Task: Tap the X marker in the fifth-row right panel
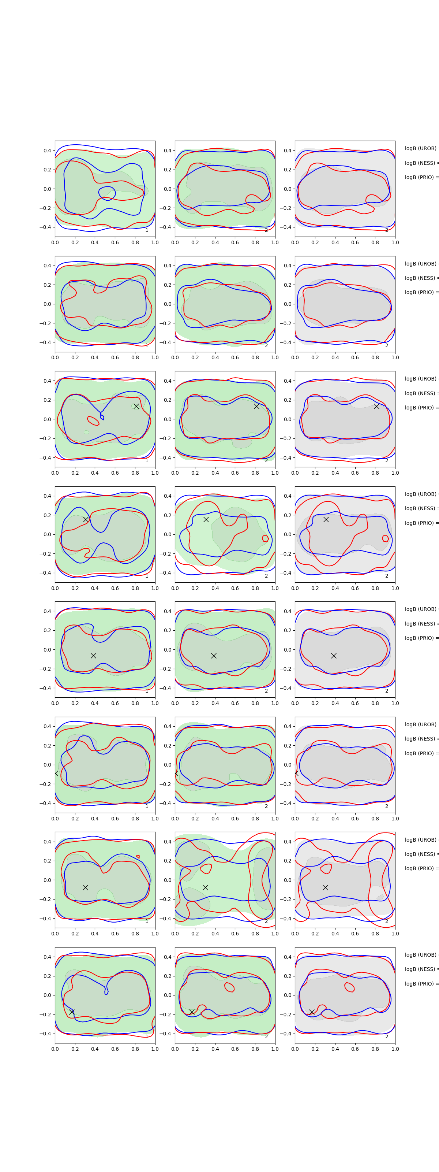[x=334, y=656]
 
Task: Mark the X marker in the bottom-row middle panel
[x=192, y=1012]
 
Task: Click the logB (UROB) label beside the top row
[x=421, y=149]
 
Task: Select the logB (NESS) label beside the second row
[x=421, y=278]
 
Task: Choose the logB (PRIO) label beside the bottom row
[x=421, y=984]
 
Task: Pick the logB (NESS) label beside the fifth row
[x=421, y=624]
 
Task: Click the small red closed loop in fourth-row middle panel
[x=265, y=539]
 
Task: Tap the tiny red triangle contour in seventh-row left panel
[x=138, y=857]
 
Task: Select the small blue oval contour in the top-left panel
[x=107, y=193]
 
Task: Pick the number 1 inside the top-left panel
[x=147, y=230]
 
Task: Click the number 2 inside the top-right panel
[x=387, y=230]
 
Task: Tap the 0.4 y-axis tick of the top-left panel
[x=47, y=151]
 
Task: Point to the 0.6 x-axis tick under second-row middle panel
[x=235, y=357]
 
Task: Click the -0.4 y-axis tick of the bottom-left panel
[x=45, y=1033]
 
